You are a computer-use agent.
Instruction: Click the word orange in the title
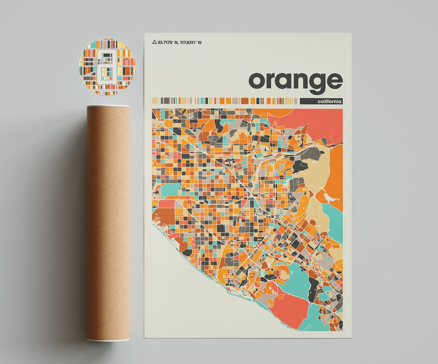click(295, 81)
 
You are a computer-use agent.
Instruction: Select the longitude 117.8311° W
click(193, 42)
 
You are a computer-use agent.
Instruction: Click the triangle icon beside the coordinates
click(154, 42)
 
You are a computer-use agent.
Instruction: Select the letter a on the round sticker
click(106, 67)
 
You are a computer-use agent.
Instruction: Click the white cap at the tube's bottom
click(108, 338)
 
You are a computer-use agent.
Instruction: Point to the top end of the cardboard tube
click(108, 107)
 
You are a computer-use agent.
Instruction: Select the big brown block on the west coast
click(163, 214)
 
